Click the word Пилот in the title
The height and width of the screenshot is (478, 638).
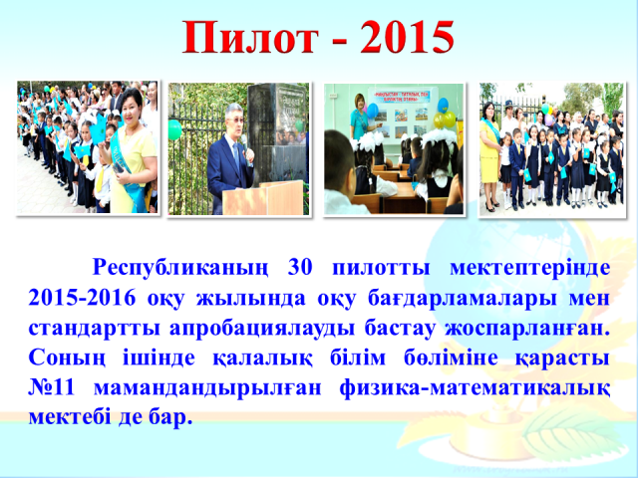pos(249,37)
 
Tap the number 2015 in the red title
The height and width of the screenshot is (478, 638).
pos(407,37)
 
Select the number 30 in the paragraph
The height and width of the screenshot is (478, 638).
pos(300,267)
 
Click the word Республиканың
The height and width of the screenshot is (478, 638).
pos(180,269)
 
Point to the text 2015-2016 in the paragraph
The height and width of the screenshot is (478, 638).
pos(82,298)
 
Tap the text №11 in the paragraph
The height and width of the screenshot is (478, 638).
pos(52,388)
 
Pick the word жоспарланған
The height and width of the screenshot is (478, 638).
pos(527,330)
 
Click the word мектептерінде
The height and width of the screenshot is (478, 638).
pos(529,268)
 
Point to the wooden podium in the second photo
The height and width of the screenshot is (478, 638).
pos(263,198)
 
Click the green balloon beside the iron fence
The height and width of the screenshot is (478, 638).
pos(174,129)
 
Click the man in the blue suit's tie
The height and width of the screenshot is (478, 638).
pos(236,156)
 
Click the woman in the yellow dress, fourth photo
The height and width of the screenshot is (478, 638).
pos(489,155)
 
